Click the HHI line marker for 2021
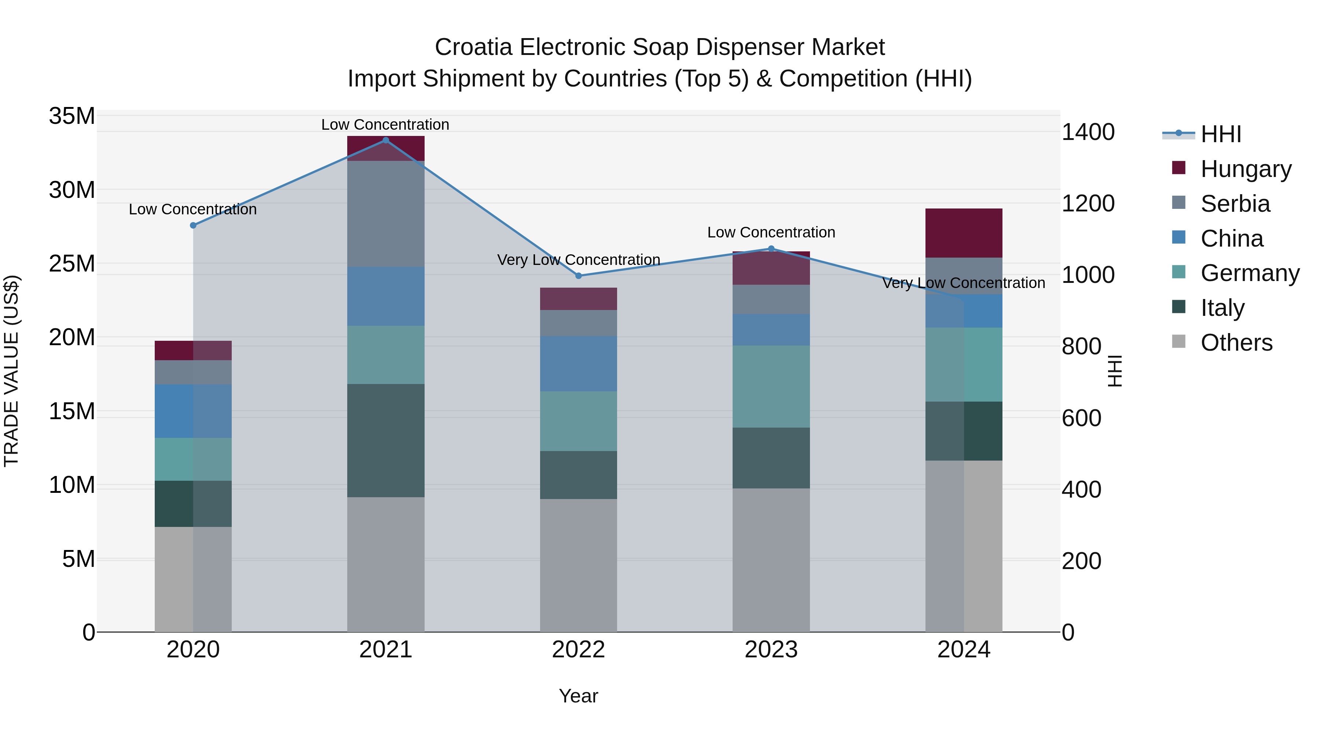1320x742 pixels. tap(386, 140)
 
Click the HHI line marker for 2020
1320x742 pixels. tap(193, 225)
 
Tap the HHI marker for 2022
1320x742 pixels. tap(579, 276)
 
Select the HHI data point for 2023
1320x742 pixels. tap(771, 249)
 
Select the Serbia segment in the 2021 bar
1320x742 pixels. tap(386, 214)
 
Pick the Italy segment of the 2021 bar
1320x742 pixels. tap(386, 440)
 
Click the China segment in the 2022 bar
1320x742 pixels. tap(579, 363)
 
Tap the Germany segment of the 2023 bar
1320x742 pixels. tap(771, 387)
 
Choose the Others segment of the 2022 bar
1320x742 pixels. tap(579, 565)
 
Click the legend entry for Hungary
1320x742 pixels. tap(1245, 169)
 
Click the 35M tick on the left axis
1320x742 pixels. tap(72, 116)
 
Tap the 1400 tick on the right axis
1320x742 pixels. tap(1088, 132)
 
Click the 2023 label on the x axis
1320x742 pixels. tap(771, 650)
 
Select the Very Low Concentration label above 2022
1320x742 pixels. tap(579, 260)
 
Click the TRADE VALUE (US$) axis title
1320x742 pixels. tap(11, 371)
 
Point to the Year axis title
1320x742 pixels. tap(579, 696)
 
